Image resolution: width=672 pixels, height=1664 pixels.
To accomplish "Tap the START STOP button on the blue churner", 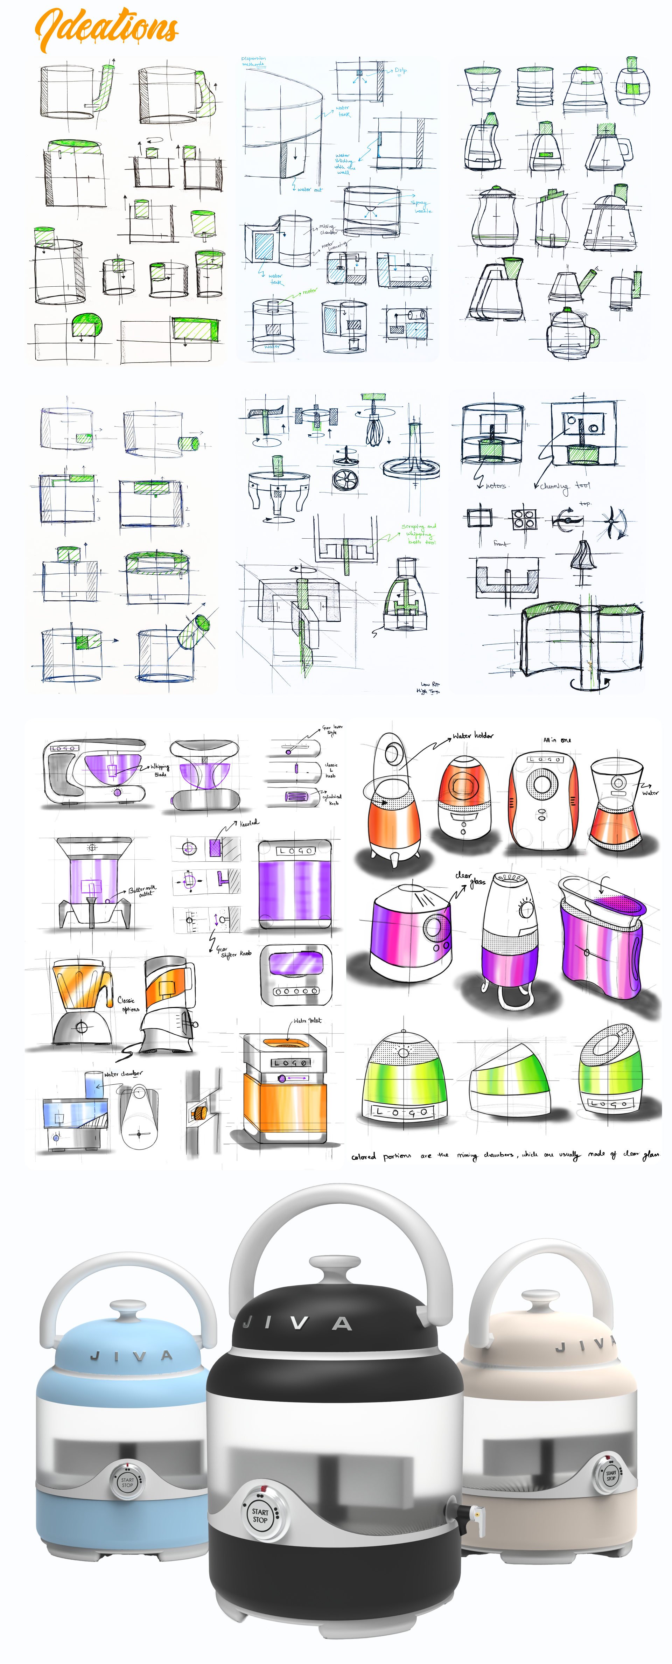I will [127, 1482].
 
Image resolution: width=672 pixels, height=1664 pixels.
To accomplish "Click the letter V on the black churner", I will [299, 1323].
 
